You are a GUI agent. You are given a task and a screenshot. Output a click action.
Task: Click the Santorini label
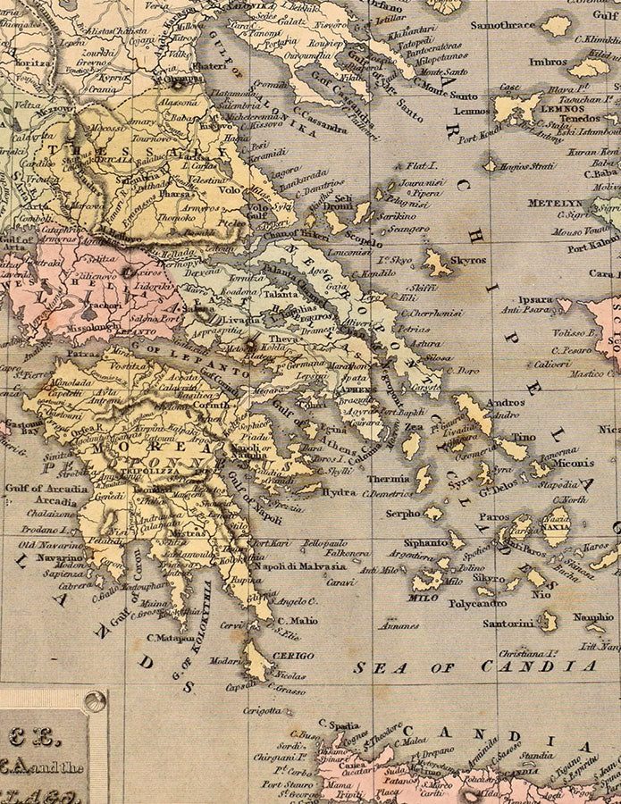(x=508, y=623)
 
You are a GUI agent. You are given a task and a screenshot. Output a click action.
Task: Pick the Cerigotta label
(x=264, y=711)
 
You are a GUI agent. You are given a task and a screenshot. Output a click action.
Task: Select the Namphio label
(x=592, y=616)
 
